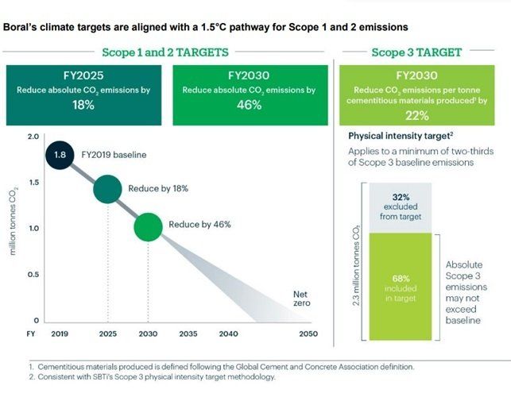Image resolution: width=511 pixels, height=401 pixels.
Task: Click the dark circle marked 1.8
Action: tap(60, 155)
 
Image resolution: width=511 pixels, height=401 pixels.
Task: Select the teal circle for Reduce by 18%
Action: tap(108, 190)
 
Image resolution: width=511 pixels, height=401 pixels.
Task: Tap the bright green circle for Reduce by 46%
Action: tap(148, 226)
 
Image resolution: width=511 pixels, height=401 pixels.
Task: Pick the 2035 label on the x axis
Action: tap(188, 334)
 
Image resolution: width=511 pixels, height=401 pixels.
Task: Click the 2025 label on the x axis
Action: tap(108, 334)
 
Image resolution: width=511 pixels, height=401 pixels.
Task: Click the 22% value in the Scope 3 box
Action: tap(416, 115)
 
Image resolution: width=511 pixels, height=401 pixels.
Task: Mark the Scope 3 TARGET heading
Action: tap(416, 52)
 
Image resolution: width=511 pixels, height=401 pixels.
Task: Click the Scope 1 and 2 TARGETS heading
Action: tap(165, 52)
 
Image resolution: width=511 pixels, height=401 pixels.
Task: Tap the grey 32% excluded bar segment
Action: tap(401, 206)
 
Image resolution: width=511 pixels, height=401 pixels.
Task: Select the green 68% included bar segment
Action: tap(401, 286)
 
